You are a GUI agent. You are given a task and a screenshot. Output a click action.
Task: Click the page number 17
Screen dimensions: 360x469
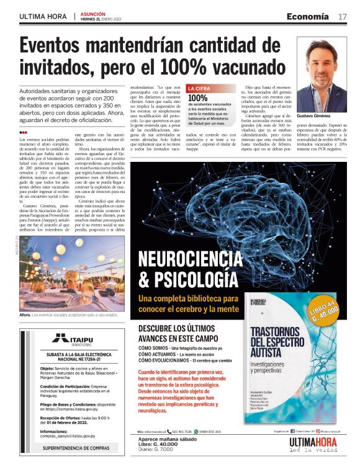[343, 16]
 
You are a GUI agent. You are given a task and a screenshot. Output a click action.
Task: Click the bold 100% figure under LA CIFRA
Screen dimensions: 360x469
[197, 97]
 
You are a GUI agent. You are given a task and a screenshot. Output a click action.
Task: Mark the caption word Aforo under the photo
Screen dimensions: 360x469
[25, 316]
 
